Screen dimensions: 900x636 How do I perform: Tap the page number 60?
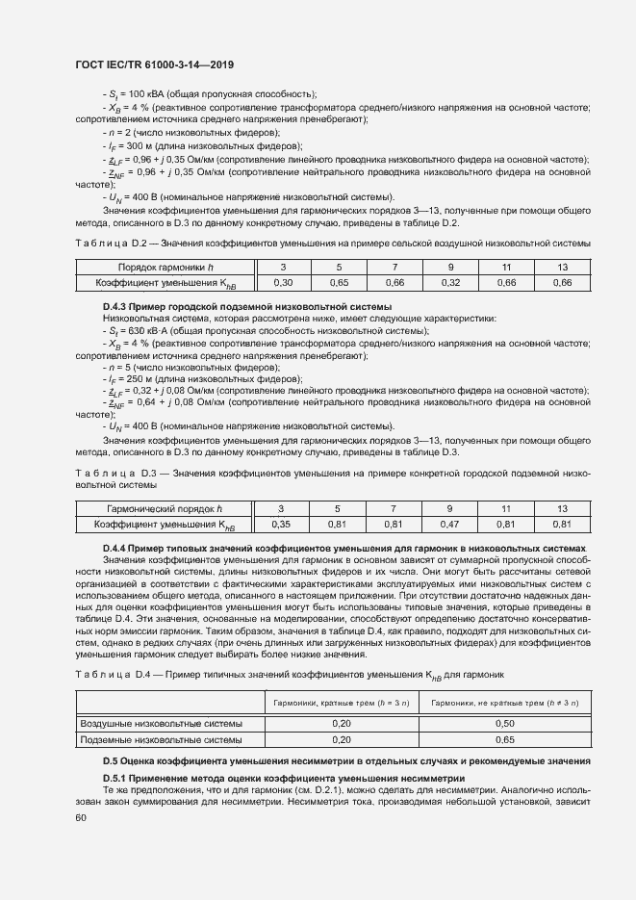click(x=81, y=817)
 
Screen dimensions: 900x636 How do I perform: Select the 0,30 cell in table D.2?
click(x=283, y=283)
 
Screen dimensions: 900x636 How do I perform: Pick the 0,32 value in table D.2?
click(x=449, y=283)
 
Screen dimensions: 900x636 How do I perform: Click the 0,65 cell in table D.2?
click(x=339, y=283)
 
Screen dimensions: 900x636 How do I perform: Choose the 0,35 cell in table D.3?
click(x=281, y=525)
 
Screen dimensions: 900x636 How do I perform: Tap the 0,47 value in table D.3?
click(x=449, y=525)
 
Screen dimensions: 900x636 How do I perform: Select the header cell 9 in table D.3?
click(x=449, y=508)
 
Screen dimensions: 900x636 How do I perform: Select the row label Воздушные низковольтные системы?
click(x=161, y=722)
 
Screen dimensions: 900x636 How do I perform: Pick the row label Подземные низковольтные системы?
click(x=160, y=740)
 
